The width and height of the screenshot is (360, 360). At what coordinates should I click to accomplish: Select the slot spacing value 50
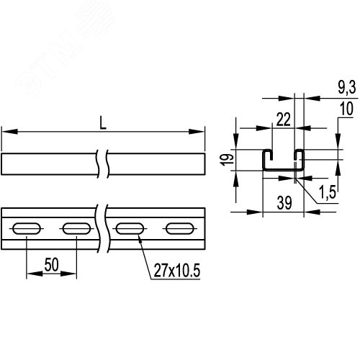pyautogui.click(x=52, y=264)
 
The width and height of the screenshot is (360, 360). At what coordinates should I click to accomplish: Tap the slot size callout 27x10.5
pyautogui.click(x=177, y=271)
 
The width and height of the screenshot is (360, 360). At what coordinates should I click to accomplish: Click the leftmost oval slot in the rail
pyautogui.click(x=27, y=229)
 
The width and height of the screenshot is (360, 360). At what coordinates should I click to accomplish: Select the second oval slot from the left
pyautogui.click(x=75, y=229)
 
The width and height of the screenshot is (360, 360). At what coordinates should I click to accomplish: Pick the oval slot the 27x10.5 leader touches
pyautogui.click(x=129, y=229)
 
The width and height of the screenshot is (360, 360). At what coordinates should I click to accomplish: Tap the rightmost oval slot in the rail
pyautogui.click(x=178, y=229)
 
